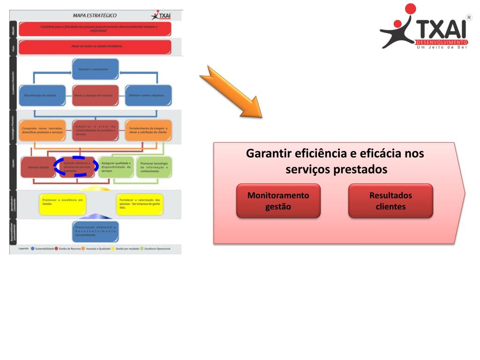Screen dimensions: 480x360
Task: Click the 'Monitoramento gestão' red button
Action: coord(278,201)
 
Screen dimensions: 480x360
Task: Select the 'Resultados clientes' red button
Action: coord(390,201)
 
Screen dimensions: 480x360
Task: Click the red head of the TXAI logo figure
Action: coord(410,10)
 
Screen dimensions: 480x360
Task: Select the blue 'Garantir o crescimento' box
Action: coord(95,69)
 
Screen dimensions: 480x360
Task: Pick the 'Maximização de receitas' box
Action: coord(43,95)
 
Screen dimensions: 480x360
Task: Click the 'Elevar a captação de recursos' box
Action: coord(95,95)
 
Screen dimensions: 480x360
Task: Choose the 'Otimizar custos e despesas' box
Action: coord(148,95)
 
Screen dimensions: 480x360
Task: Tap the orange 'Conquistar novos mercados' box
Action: coord(43,131)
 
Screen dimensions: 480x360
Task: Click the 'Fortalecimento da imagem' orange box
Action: coord(148,131)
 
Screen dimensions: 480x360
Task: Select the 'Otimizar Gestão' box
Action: coord(38,167)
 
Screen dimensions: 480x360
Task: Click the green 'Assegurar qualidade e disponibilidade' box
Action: coord(115,167)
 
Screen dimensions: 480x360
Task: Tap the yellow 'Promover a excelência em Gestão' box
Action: coord(62,203)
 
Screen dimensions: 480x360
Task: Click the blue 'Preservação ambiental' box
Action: coord(96,231)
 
